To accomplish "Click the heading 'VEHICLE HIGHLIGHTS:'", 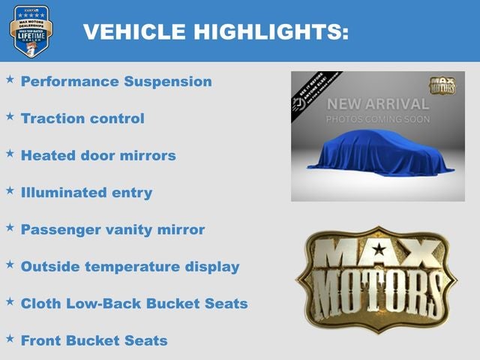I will (x=215, y=31).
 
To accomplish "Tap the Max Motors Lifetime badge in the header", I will (x=31, y=31).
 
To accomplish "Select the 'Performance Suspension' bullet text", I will (x=116, y=82).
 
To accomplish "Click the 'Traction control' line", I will (x=82, y=118).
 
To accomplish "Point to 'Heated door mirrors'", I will (x=98, y=155).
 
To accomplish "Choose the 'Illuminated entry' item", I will (x=86, y=193).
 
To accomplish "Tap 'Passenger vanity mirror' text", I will (x=112, y=229).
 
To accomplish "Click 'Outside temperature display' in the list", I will (x=130, y=266).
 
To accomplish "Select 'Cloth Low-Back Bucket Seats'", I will (x=134, y=304).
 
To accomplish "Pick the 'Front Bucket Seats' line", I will (x=94, y=340).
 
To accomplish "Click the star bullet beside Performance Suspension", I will (x=10, y=79).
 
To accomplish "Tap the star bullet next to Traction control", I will (x=10, y=116).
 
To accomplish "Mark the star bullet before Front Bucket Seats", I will (x=10, y=338).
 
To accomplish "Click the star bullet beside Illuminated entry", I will (x=10, y=190).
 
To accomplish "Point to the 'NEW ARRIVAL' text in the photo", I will (x=378, y=104).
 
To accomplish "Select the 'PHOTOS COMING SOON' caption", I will (x=378, y=119).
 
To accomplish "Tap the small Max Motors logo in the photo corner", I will (x=442, y=84).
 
